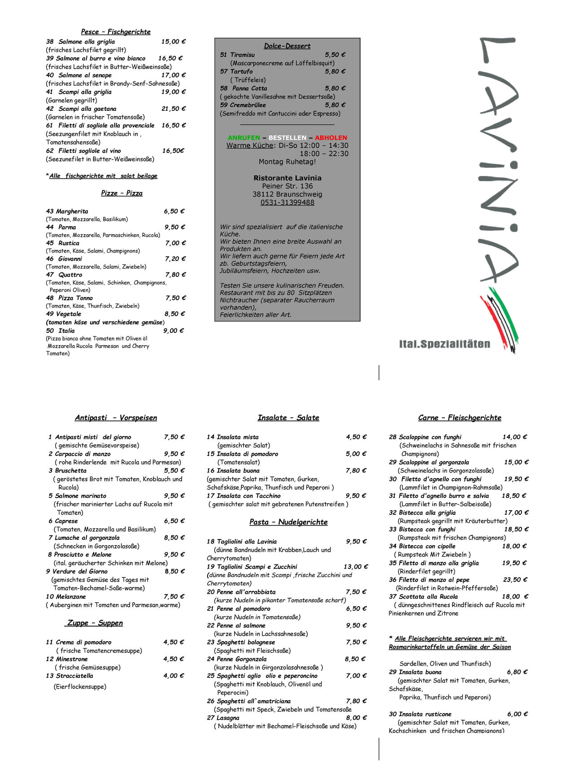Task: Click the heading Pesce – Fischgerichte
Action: (x=116, y=32)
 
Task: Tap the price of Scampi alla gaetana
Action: (x=173, y=109)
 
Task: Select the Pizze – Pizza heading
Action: (x=122, y=193)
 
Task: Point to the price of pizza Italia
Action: (x=173, y=331)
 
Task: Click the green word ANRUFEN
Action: (x=244, y=138)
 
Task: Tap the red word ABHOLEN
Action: (x=331, y=138)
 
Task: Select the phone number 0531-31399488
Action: (x=287, y=202)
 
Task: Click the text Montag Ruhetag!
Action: (x=287, y=162)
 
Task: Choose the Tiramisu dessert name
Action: (x=242, y=55)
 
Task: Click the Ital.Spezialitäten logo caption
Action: (x=444, y=344)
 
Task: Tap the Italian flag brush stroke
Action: (x=500, y=319)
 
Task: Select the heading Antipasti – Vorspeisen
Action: (x=116, y=418)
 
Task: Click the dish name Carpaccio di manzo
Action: (x=83, y=454)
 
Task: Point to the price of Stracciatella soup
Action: (x=174, y=676)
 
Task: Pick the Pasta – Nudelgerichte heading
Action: (x=288, y=522)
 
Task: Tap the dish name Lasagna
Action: (x=228, y=718)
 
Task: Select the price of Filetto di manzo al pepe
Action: (x=515, y=580)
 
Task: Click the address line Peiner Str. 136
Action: (x=287, y=186)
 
